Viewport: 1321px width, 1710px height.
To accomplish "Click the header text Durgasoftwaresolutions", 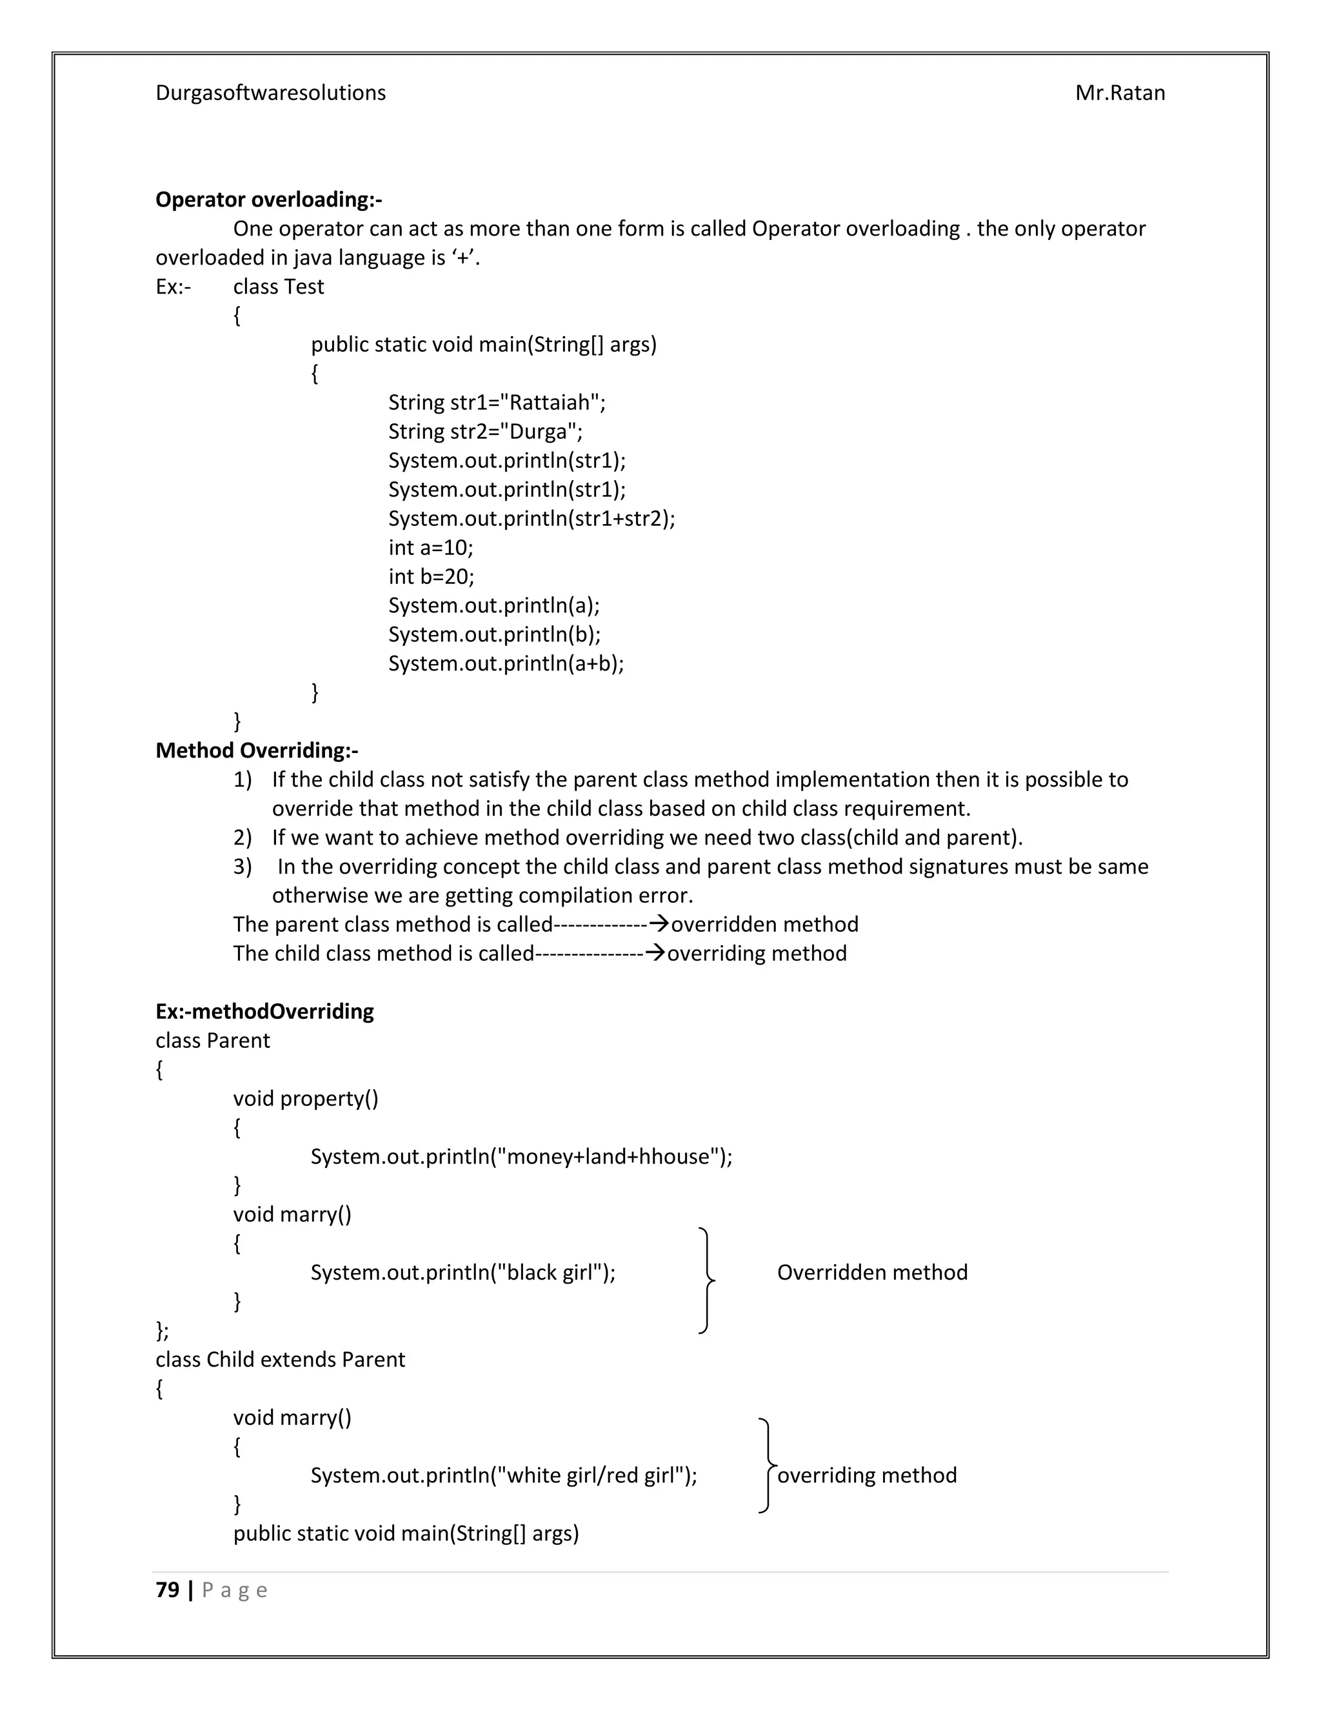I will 270,92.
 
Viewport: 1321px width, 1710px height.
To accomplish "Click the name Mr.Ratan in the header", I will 1119,92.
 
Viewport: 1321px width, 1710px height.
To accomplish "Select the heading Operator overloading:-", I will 268,199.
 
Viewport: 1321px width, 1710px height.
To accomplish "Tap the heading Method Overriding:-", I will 257,750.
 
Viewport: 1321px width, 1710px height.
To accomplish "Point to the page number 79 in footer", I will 168,1589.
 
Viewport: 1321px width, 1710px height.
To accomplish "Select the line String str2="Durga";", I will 485,432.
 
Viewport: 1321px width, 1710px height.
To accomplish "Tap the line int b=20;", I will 432,576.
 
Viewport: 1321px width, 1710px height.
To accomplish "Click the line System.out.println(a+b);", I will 506,663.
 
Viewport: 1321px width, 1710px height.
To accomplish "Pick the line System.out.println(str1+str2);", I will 531,518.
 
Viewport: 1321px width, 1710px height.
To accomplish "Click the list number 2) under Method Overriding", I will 243,837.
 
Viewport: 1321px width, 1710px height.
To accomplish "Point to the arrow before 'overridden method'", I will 659,924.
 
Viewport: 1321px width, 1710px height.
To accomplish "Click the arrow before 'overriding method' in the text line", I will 655,953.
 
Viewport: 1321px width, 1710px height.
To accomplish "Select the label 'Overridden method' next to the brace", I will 872,1272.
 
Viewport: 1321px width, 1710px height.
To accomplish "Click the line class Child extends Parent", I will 280,1358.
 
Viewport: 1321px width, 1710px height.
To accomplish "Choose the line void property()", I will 305,1098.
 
